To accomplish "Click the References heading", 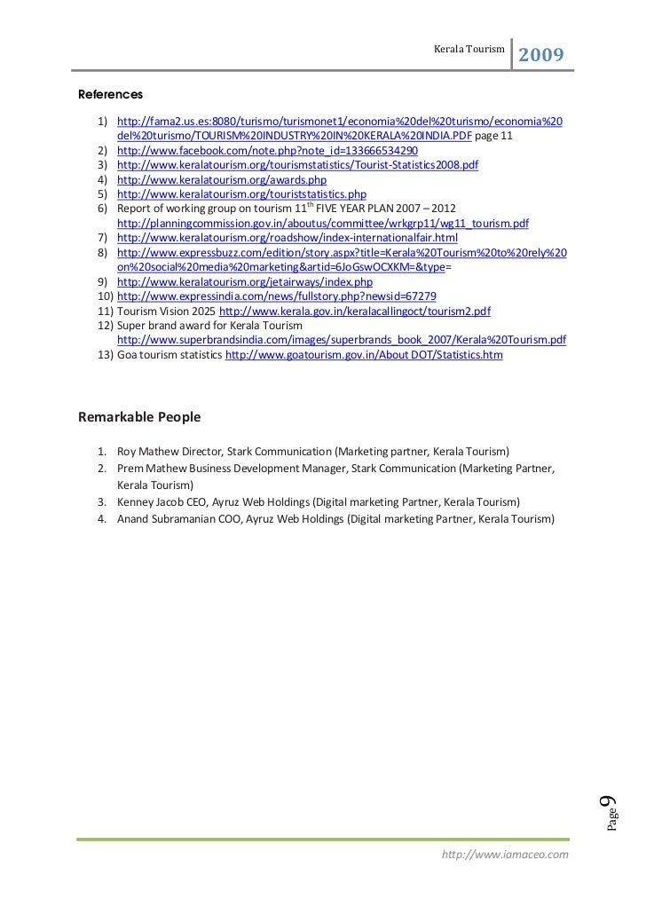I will tap(110, 93).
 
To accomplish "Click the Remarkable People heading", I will tap(139, 416).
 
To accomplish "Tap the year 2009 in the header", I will tap(540, 55).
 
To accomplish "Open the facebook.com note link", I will tap(267, 151).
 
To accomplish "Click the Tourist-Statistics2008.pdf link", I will tap(297, 165).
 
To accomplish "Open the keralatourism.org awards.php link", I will tap(222, 179).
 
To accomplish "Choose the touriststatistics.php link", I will tap(241, 193).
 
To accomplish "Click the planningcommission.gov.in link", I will tap(323, 223).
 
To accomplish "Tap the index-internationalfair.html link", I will tap(288, 238).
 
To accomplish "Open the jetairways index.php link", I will tap(245, 281).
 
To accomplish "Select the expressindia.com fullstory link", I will tap(276, 296).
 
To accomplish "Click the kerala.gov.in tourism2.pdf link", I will tap(354, 311).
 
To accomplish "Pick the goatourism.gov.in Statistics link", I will tap(364, 354).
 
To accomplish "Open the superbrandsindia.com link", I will tap(342, 340).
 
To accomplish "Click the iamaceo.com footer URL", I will tap(504, 854).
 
